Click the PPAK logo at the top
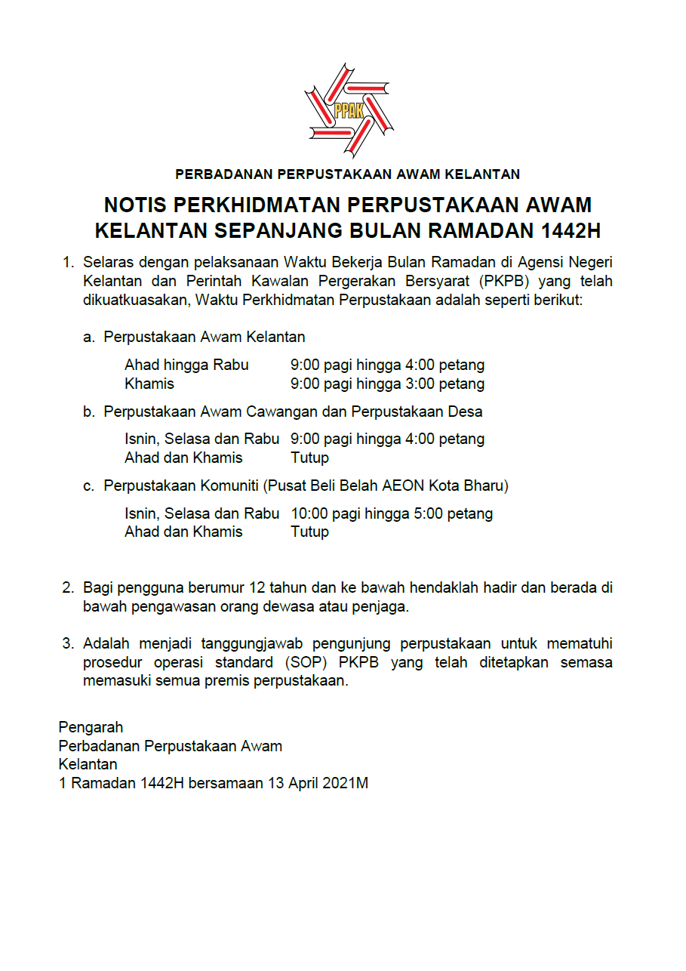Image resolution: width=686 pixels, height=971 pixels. pyautogui.click(x=348, y=111)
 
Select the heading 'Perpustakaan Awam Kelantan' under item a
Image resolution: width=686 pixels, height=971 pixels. pyautogui.click(x=205, y=337)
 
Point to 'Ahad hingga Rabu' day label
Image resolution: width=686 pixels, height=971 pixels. pyautogui.click(x=186, y=365)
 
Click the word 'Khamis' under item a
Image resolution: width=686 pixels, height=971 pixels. pyautogui.click(x=149, y=384)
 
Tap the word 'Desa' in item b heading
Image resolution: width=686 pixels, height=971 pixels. pyautogui.click(x=465, y=412)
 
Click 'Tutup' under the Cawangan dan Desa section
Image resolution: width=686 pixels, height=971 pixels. pyautogui.click(x=309, y=458)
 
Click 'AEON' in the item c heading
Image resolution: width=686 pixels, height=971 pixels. pyautogui.click(x=387, y=485)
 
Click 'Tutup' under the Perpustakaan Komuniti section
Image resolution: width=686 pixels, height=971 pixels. pyautogui.click(x=309, y=532)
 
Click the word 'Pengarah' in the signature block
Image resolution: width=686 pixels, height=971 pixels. pyautogui.click(x=91, y=727)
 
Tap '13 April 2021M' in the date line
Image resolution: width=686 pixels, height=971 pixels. pyautogui.click(x=317, y=783)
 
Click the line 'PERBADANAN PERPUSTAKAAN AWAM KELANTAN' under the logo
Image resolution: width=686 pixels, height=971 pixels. pyautogui.click(x=347, y=174)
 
